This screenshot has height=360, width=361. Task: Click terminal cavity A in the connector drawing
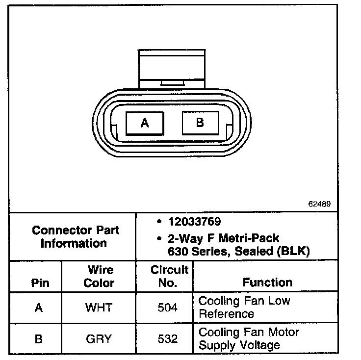click(145, 123)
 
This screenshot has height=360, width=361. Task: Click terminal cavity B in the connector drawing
click(200, 122)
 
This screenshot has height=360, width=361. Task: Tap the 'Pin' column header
click(40, 283)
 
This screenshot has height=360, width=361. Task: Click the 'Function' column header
click(267, 283)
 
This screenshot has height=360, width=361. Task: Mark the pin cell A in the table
click(39, 308)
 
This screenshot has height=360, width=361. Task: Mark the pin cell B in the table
click(39, 339)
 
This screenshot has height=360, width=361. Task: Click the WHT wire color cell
click(99, 308)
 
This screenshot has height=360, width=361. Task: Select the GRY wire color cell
click(99, 339)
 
